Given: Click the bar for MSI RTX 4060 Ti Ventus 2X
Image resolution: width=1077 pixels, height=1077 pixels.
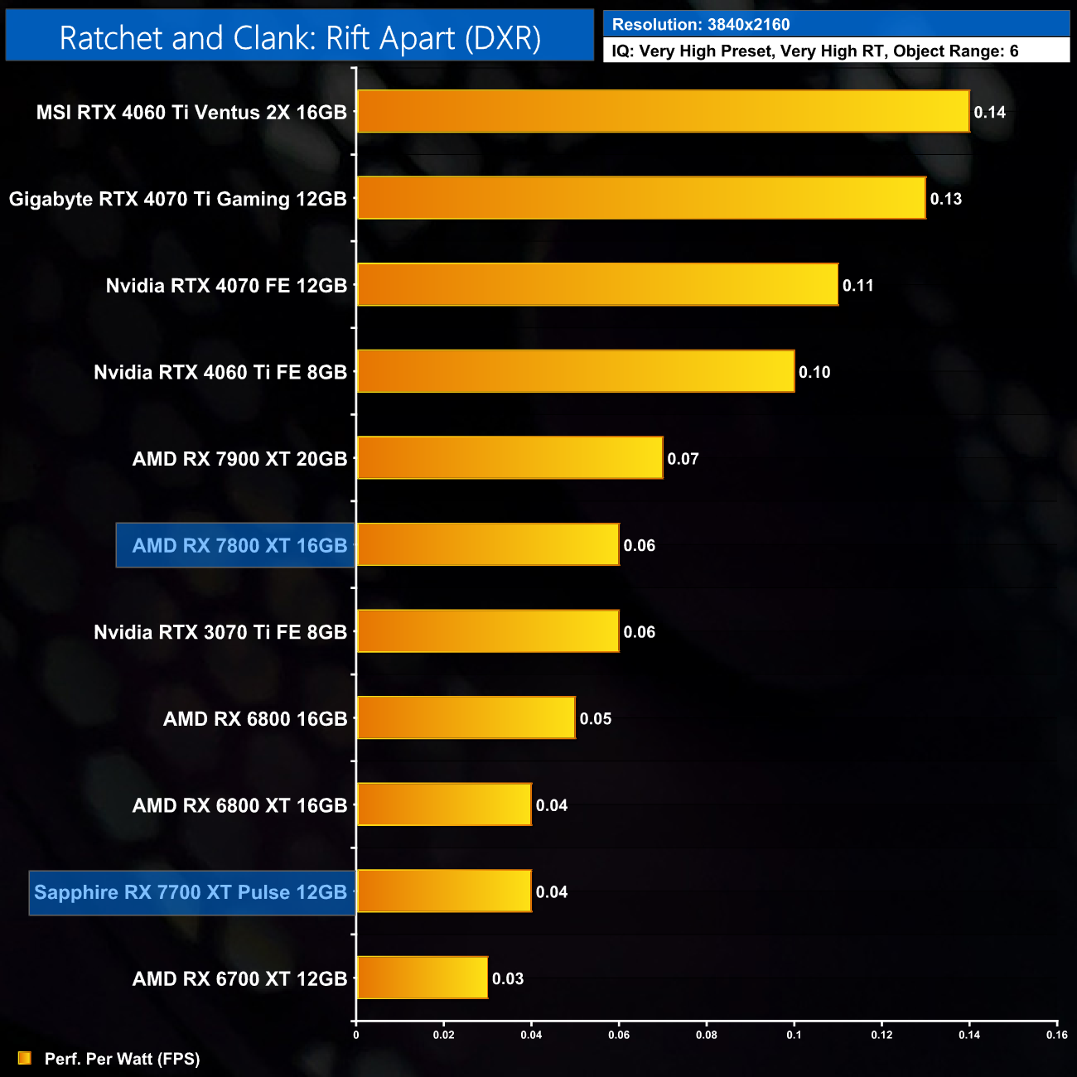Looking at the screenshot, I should coord(663,112).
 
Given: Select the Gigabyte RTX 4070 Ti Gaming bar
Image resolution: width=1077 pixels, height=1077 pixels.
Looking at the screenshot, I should coord(641,199).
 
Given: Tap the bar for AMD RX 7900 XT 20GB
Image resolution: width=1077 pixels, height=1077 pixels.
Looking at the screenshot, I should coord(510,458).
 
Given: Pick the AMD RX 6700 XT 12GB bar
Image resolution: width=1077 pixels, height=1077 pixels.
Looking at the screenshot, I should coord(423,978).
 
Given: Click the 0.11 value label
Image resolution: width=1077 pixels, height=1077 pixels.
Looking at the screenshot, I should coord(857,286).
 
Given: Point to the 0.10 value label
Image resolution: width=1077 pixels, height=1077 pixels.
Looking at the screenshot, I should coord(814,373).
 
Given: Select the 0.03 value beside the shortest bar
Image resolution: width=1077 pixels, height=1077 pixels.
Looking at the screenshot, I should coord(508,979).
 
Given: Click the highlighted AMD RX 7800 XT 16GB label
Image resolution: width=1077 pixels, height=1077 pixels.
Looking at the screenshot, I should coord(239,546).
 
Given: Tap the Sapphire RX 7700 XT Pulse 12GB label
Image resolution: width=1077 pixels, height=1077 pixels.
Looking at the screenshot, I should coord(191,892).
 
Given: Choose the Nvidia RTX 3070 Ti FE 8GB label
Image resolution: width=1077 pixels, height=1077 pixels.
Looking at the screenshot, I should coord(220,633).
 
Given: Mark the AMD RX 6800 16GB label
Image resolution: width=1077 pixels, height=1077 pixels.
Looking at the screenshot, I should coord(255,719).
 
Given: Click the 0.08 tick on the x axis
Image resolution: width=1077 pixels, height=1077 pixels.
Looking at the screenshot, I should coord(707,1035).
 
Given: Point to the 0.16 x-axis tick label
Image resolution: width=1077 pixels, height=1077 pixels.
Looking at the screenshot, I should coord(1056,1035).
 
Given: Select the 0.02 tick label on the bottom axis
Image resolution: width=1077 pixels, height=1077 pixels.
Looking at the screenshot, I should coord(444,1035).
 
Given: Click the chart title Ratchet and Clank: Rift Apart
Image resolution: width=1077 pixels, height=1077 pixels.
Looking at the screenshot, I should coord(300,38).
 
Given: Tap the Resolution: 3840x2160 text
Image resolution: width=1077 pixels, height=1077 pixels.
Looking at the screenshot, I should coord(701,25).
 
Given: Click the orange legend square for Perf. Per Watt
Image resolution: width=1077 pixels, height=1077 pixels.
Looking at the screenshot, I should coord(25,1058).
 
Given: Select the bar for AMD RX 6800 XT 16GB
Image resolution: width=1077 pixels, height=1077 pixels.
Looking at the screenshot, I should coord(444,804).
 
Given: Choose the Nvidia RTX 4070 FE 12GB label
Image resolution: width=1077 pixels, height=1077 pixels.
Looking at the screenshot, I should coord(226,286).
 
